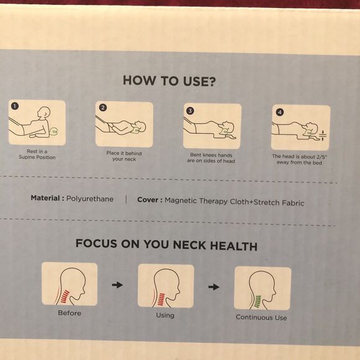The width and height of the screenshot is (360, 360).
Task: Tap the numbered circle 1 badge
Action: [15, 106]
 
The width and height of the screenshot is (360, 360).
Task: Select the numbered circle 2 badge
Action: [103, 107]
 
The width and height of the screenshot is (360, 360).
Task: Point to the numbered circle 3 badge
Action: [190, 110]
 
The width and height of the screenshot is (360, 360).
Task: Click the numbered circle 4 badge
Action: [280, 112]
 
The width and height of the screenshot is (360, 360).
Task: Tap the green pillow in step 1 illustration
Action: [55, 131]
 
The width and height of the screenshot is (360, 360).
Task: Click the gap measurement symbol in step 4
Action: [323, 136]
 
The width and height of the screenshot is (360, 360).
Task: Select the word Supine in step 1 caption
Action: [27, 157]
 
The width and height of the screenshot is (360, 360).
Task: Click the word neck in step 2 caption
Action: [130, 159]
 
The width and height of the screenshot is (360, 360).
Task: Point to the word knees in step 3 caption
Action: [209, 155]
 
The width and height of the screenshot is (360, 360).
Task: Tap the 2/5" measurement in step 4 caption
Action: [322, 157]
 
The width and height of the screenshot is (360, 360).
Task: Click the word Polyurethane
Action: [90, 199]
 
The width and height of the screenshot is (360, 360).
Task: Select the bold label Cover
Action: [148, 200]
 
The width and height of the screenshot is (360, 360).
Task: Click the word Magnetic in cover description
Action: [181, 200]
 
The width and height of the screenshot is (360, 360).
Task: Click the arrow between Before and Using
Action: [117, 285]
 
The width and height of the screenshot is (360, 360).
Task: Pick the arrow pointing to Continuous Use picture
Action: [214, 287]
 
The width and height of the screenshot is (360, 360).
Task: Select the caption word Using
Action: [165, 315]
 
